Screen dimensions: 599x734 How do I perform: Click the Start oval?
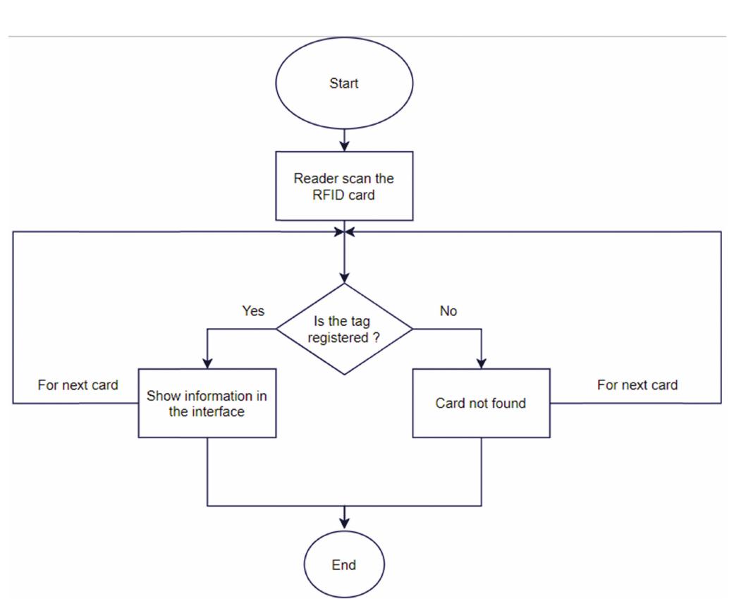coord(343,83)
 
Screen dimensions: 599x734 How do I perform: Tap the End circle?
coord(344,564)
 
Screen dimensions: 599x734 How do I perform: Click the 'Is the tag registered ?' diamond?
coord(343,329)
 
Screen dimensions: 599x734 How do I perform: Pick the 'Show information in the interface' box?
coord(207,403)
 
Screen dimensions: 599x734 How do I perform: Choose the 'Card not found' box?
coord(481,403)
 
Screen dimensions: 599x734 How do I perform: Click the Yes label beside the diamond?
coord(253,311)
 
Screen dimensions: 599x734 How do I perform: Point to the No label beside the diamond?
coord(448,311)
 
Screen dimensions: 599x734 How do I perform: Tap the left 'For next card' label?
coord(78,385)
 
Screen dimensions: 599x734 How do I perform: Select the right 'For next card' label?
coord(637,385)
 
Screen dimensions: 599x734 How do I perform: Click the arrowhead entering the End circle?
coord(344,523)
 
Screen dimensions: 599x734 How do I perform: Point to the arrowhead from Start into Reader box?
coord(344,146)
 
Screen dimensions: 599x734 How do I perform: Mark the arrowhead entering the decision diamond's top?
coord(344,277)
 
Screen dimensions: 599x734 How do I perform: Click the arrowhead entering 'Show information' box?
coord(207,362)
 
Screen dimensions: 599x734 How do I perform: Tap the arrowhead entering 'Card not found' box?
coord(481,362)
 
